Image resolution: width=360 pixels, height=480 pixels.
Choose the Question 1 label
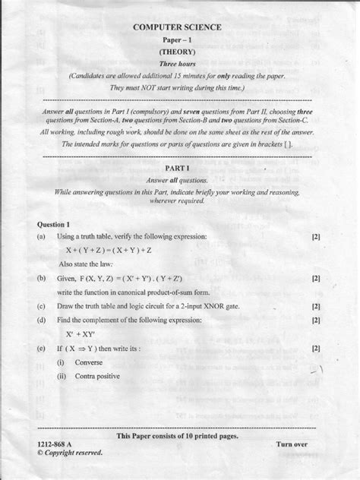pos(53,225)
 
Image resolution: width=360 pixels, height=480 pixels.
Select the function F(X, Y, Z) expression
pos(136,279)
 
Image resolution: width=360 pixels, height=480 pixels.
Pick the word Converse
pos(89,362)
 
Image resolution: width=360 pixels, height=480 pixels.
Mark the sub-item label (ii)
pos(60,376)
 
